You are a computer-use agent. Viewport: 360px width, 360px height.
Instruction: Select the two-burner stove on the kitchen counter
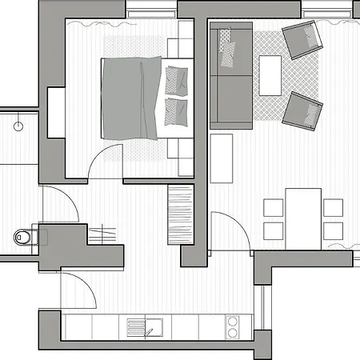pyautogui.click(x=233, y=326)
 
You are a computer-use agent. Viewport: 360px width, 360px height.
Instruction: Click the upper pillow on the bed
pyautogui.click(x=177, y=79)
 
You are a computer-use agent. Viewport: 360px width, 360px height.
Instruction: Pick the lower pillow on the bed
pyautogui.click(x=176, y=110)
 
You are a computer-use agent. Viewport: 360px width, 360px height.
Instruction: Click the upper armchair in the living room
pyautogui.click(x=302, y=39)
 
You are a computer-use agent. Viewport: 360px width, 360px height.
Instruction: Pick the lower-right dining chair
pyautogui.click(x=333, y=231)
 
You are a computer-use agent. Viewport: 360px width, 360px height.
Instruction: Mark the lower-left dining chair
pyautogui.click(x=274, y=231)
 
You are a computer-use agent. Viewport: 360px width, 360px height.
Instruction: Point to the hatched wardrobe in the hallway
pyautogui.click(x=181, y=216)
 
